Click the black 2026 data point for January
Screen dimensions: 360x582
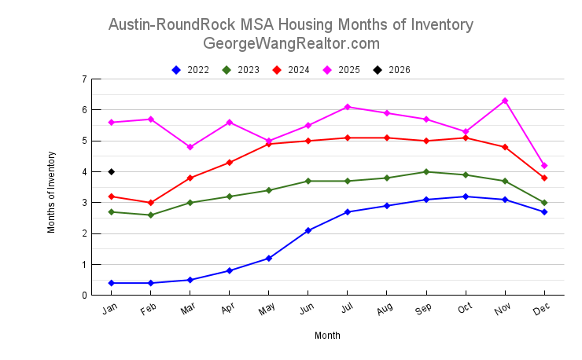click(x=112, y=171)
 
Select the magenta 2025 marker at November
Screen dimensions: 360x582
click(x=505, y=101)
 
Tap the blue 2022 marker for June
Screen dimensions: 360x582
click(x=308, y=230)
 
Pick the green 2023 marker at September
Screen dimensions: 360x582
click(x=426, y=171)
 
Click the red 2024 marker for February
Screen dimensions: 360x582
click(x=151, y=203)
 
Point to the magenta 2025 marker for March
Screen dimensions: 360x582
click(x=190, y=147)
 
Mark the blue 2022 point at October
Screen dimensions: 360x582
click(x=466, y=197)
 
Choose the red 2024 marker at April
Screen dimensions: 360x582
click(x=230, y=163)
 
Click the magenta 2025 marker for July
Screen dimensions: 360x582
click(x=348, y=107)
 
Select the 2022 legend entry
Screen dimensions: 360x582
click(x=191, y=70)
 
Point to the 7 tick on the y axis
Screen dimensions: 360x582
click(x=83, y=79)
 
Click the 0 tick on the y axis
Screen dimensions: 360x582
click(x=83, y=296)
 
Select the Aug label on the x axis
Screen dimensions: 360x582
click(x=385, y=310)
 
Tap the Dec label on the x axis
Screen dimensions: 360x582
click(x=542, y=310)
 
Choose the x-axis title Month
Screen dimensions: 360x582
click(x=327, y=336)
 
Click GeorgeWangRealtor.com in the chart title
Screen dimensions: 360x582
click(x=291, y=43)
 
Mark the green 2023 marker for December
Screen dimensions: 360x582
click(x=544, y=203)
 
